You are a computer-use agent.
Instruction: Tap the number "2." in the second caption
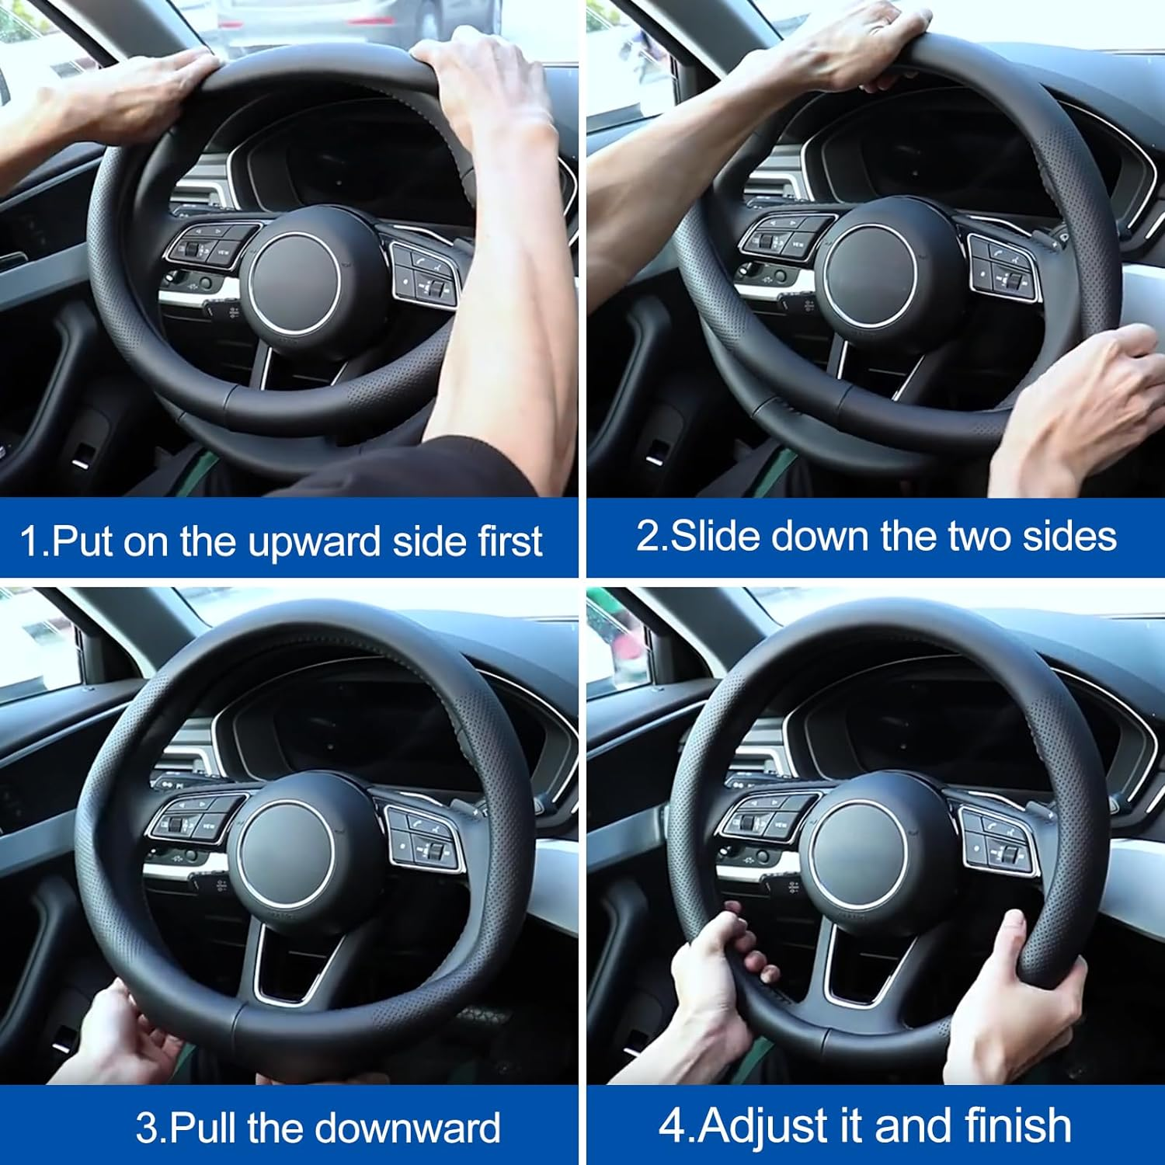click(x=651, y=536)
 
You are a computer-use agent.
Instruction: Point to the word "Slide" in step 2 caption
click(x=715, y=536)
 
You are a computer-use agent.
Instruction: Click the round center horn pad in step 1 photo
click(x=294, y=284)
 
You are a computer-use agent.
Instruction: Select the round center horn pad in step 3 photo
click(x=286, y=854)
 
